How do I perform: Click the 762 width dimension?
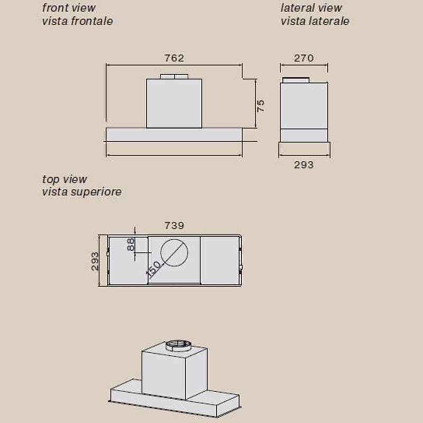click(x=174, y=58)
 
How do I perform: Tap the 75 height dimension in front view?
click(x=261, y=106)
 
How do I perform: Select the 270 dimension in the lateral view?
click(x=304, y=58)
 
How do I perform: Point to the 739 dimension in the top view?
click(x=174, y=226)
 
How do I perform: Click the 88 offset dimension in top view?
click(x=131, y=244)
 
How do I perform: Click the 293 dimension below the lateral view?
click(x=304, y=165)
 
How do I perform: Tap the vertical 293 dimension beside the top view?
click(x=95, y=261)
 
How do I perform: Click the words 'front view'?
click(x=69, y=8)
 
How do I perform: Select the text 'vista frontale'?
click(x=77, y=21)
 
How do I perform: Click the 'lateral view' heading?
click(x=311, y=8)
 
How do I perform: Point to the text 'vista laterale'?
click(x=315, y=21)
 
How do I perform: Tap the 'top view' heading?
click(x=65, y=179)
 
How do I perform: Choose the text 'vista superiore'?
click(x=82, y=192)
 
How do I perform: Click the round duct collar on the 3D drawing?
click(x=178, y=346)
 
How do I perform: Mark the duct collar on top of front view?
click(x=174, y=76)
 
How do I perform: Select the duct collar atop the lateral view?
click(x=296, y=80)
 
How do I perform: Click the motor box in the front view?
click(x=174, y=103)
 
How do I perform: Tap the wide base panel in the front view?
click(x=174, y=134)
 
